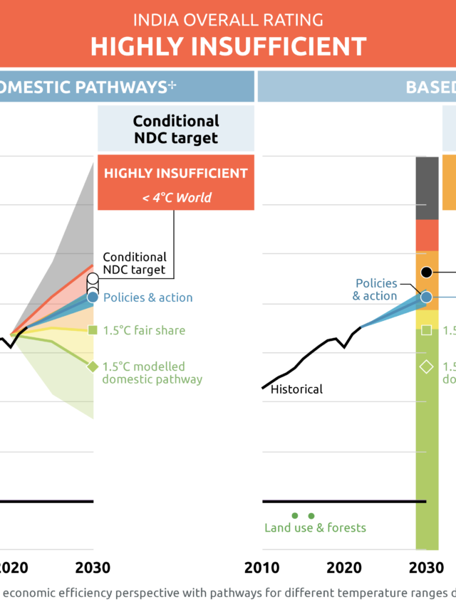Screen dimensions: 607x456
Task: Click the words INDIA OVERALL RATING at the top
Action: pos(228,19)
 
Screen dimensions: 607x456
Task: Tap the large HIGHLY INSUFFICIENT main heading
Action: pos(228,46)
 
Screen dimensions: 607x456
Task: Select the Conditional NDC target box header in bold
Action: pos(176,129)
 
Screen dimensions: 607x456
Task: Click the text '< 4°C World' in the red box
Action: pos(176,197)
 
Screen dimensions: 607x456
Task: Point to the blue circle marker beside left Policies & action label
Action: pos(93,297)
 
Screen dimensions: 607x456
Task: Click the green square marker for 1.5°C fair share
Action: pos(93,329)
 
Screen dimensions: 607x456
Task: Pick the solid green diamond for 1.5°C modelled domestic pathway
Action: pos(93,366)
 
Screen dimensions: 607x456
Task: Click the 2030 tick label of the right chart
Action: pos(426,567)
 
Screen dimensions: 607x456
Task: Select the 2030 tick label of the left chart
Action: pos(93,567)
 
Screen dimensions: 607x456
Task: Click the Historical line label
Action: pos(296,389)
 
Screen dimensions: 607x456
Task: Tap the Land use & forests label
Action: pos(315,527)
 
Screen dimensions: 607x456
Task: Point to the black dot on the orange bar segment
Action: pos(426,272)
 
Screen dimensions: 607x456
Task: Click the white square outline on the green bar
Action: pos(426,329)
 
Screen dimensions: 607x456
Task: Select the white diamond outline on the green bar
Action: pos(426,366)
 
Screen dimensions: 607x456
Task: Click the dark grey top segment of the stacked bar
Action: pos(426,188)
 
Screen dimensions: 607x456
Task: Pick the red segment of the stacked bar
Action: pos(426,235)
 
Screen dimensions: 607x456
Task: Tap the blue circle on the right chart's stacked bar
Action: pos(426,297)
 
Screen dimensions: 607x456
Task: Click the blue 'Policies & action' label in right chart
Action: pos(375,290)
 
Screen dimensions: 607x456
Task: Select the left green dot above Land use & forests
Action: pos(294,515)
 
